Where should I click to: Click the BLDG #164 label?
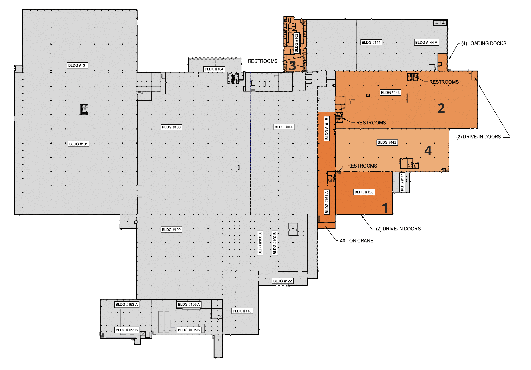click(214, 69)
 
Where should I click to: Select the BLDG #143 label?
click(390, 92)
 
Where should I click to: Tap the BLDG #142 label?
click(387, 142)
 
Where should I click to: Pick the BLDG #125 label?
click(364, 192)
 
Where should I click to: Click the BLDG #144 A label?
click(426, 42)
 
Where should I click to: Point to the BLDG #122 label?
click(282, 281)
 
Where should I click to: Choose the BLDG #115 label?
click(242, 311)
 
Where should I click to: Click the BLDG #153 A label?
click(127, 304)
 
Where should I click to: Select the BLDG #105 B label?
click(189, 330)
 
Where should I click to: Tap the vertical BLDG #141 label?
click(402, 182)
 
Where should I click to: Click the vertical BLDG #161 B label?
click(326, 129)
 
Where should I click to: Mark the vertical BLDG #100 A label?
click(260, 243)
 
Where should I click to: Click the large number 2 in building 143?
click(441, 108)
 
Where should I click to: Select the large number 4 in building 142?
click(428, 150)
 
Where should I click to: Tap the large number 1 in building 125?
click(385, 208)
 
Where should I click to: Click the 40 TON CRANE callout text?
click(356, 241)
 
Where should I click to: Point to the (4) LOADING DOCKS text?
click(484, 43)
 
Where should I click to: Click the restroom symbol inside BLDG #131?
click(84, 109)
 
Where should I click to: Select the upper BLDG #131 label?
click(78, 65)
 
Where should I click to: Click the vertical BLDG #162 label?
click(296, 43)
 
